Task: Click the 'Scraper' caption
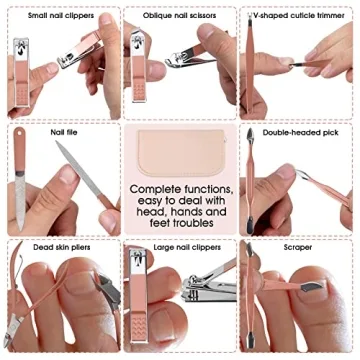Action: (298, 246)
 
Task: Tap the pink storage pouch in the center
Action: (180, 150)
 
